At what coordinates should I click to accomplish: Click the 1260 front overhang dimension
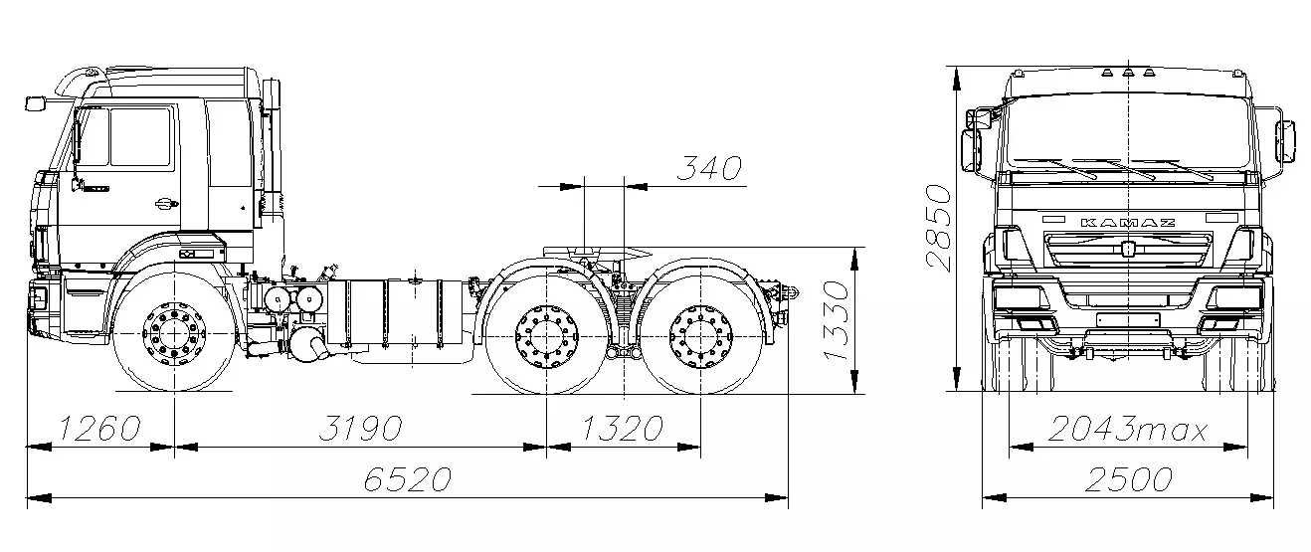coord(100,428)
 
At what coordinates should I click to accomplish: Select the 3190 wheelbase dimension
coord(361,428)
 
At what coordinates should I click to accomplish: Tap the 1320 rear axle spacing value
coord(622,428)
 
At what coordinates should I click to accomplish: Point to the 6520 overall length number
coord(408,479)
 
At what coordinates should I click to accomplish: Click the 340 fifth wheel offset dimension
coord(709,169)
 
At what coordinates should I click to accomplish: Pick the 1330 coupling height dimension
coord(836,321)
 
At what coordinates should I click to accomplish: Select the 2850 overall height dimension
coord(940,228)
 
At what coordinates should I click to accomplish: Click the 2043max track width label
coord(1127,429)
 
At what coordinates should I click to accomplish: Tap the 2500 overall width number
coord(1128,480)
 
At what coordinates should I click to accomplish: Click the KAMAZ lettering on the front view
coord(1127,223)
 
